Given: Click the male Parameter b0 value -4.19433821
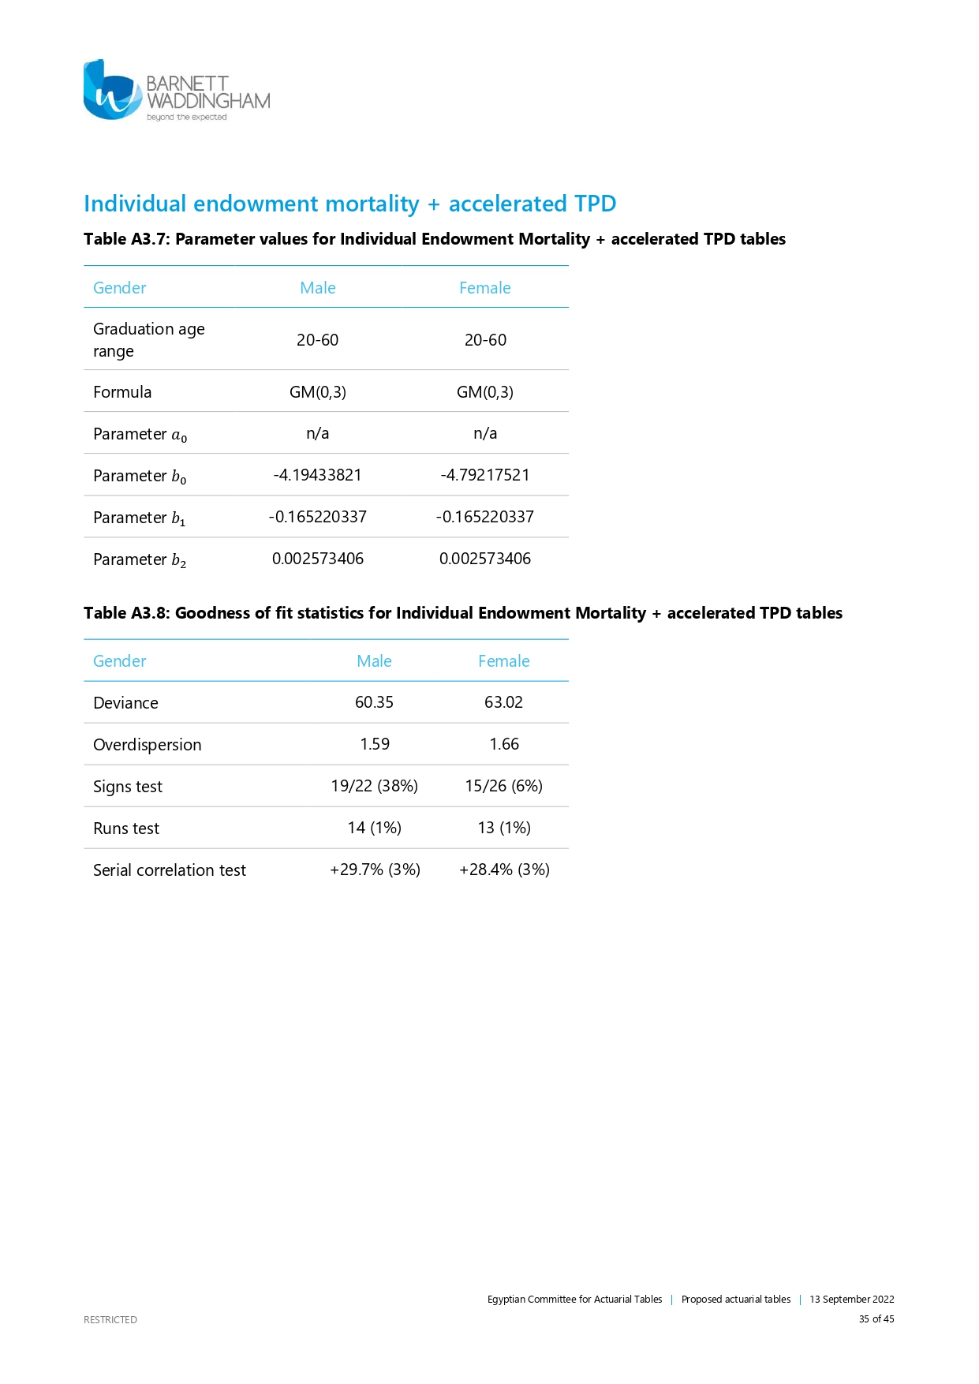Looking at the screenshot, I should pos(317,475).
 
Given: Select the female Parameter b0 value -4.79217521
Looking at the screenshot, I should pos(484,475).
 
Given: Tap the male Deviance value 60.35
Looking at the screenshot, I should pos(374,702).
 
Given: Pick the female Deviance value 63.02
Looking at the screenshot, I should pos(503,702).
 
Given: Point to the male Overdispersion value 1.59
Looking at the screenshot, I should pos(375,744).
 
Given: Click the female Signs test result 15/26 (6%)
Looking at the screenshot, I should pos(503,786).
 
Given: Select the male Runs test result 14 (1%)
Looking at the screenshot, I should pos(374,828).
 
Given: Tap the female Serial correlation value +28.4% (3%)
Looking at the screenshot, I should pos(504,870).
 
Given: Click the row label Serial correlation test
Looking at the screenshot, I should pos(170,870).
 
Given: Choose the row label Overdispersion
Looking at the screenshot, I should pos(148,745).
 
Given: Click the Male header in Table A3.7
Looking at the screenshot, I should pos(318,288).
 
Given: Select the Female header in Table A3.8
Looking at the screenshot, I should pos(503,661).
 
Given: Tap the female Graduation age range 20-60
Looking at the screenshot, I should pos(485,340).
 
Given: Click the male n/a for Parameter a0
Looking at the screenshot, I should pos(317,433).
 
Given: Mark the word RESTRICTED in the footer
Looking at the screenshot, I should pos(110,1319).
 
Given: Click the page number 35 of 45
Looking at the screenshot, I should pos(876,1319).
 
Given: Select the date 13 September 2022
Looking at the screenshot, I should pos(851,1299).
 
